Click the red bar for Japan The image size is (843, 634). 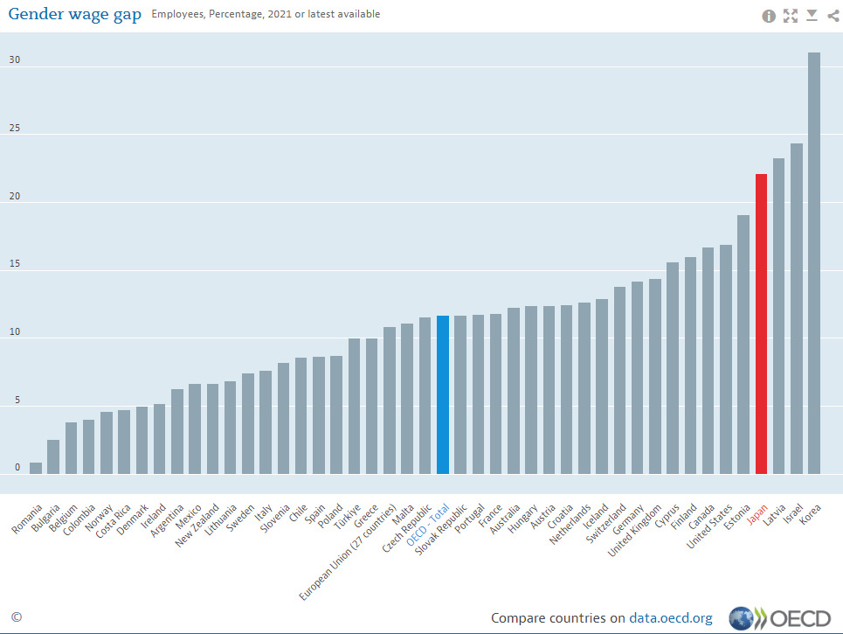pyautogui.click(x=761, y=324)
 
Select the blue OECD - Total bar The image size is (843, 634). pyautogui.click(x=443, y=394)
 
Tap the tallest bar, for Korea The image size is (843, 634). pyautogui.click(x=814, y=262)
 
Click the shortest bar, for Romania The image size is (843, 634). pyautogui.click(x=36, y=468)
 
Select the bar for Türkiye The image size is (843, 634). pyautogui.click(x=354, y=406)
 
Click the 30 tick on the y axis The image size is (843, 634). pyautogui.click(x=15, y=61)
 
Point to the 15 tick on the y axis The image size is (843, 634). pyautogui.click(x=15, y=265)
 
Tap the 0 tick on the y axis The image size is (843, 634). pyautogui.click(x=17, y=468)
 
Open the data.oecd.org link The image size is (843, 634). pyautogui.click(x=670, y=618)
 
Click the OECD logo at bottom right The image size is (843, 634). pyautogui.click(x=780, y=618)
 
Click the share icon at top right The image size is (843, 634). pyautogui.click(x=833, y=15)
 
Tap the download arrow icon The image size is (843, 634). pyautogui.click(x=812, y=15)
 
